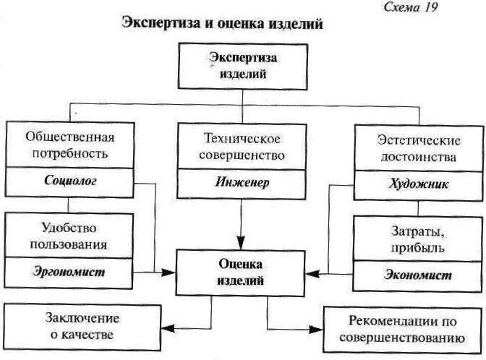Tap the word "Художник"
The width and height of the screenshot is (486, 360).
click(417, 184)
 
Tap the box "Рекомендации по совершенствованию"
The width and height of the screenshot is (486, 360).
click(401, 328)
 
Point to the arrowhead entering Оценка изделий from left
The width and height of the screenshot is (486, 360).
click(171, 273)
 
